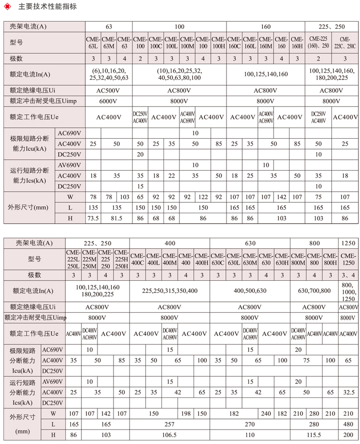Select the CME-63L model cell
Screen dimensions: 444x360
93,43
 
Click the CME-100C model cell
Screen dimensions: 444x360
155,43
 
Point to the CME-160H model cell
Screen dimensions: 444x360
297,43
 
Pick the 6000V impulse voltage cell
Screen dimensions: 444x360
109,100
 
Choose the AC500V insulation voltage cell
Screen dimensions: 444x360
109,91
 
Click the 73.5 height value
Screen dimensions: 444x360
93,218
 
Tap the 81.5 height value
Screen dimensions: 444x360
117,218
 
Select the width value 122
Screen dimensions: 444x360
202,197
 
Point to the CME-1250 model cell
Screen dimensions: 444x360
348,260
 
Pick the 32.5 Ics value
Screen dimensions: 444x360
348,392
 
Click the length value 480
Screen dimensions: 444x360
348,424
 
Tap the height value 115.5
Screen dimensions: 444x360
314,434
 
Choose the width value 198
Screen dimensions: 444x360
185,413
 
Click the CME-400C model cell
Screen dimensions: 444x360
138,260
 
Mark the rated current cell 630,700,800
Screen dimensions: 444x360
314,290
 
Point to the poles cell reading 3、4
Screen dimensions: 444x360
348,275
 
